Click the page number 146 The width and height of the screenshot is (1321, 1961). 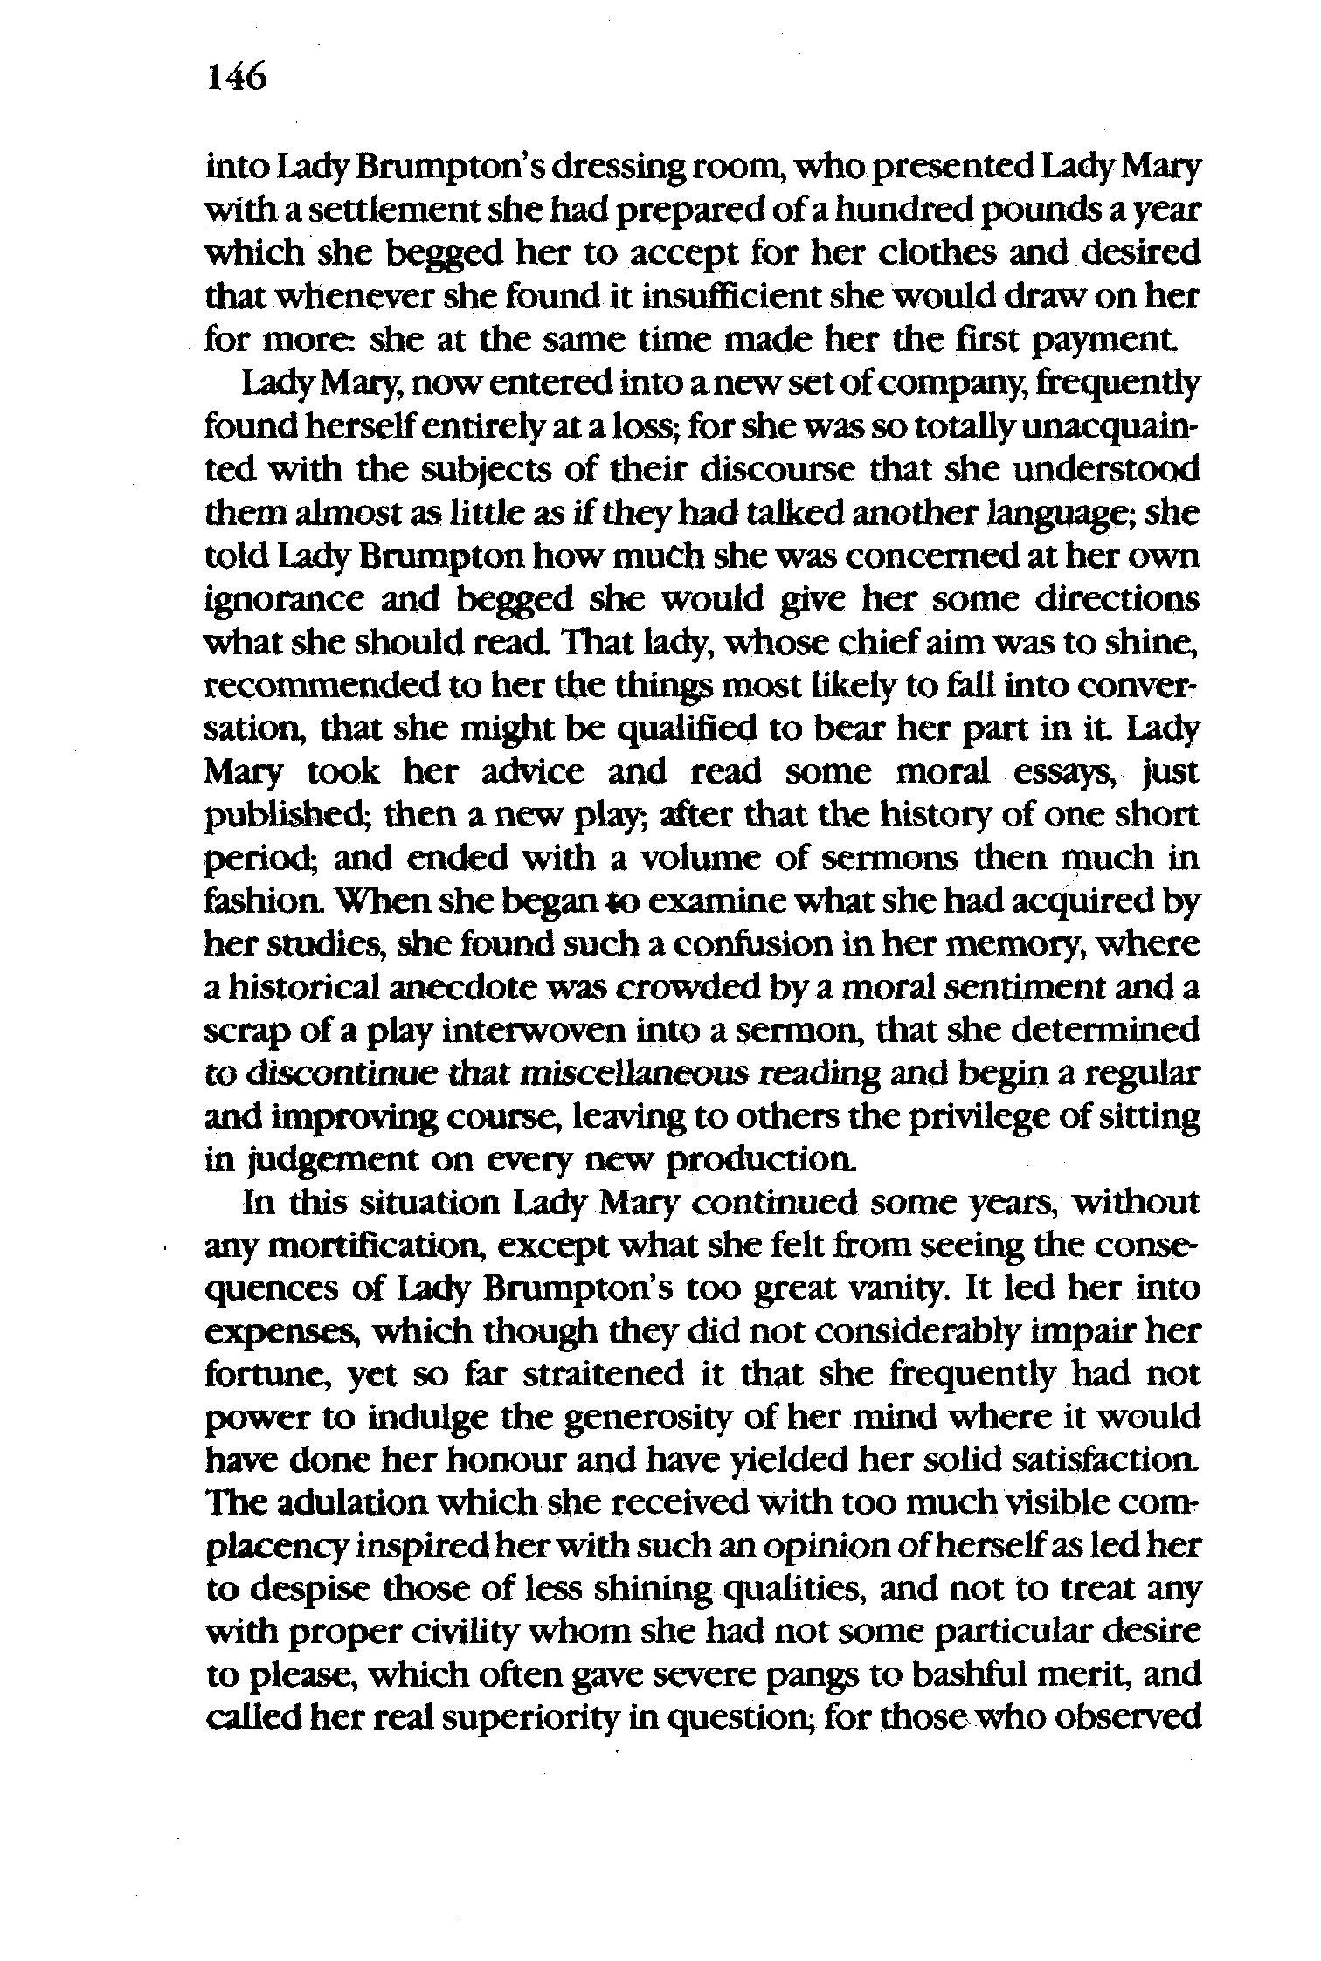236,79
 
